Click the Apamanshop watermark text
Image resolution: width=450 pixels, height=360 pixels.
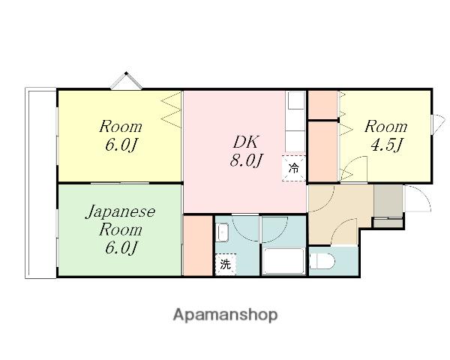(225, 315)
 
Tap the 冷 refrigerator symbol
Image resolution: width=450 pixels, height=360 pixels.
(293, 168)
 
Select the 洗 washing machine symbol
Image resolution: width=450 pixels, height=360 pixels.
(226, 265)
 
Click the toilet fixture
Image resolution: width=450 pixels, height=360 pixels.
(322, 261)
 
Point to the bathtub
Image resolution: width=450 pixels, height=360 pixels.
(283, 261)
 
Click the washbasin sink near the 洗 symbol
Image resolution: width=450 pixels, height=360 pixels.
(223, 232)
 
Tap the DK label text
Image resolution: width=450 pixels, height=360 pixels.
(246, 142)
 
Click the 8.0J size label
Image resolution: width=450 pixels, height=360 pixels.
(246, 160)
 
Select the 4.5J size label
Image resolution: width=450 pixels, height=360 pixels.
(385, 145)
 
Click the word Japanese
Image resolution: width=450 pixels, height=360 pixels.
(120, 212)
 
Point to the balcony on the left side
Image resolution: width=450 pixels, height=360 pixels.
(40, 183)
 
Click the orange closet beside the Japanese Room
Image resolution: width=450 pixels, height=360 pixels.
(198, 246)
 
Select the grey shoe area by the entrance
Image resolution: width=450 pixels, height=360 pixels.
(388, 205)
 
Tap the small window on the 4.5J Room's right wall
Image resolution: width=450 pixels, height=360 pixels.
(438, 124)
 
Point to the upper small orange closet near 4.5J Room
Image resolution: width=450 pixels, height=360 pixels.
(322, 104)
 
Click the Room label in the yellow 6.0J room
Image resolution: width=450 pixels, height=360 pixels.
(121, 127)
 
